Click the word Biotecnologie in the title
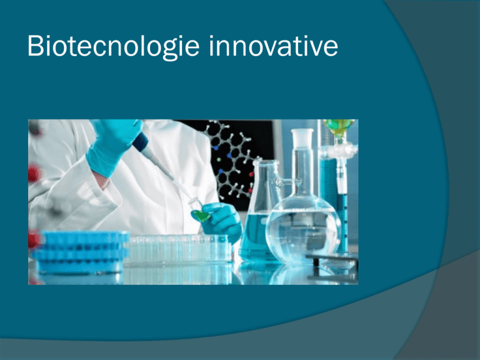pos(114,46)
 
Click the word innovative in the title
pos(274,46)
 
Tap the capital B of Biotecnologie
pos(36,46)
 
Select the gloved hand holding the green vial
pos(221,221)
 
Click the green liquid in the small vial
pos(202,216)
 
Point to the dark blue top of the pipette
pos(140,141)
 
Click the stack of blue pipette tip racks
pos(81,251)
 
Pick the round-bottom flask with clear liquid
pos(302,226)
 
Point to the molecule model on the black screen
pos(232,159)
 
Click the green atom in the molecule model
pos(219,159)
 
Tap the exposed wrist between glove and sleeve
pos(101,180)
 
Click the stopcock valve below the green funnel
pos(339,151)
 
